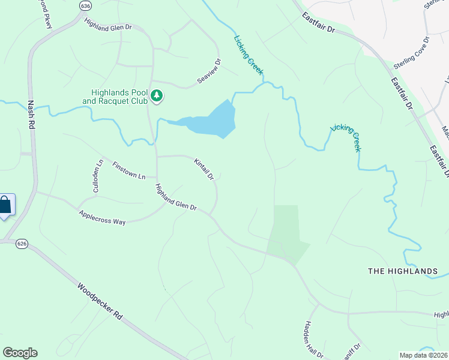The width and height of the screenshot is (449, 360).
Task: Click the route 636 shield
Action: (x=85, y=5)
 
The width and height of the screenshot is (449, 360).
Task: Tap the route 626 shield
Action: (x=22, y=244)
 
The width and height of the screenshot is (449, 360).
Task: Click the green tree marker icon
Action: (x=157, y=95)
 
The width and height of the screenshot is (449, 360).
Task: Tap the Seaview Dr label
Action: (x=209, y=71)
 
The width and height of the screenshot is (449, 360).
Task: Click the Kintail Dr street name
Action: (x=204, y=169)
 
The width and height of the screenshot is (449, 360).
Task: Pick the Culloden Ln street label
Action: (x=100, y=176)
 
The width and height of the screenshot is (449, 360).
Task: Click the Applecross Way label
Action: (x=102, y=218)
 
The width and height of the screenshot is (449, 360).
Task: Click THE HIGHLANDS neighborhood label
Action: (x=402, y=271)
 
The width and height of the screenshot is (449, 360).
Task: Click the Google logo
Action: (x=20, y=353)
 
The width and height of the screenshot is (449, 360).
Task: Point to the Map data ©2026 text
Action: (x=423, y=355)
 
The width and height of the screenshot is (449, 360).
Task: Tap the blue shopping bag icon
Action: (x=5, y=205)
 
